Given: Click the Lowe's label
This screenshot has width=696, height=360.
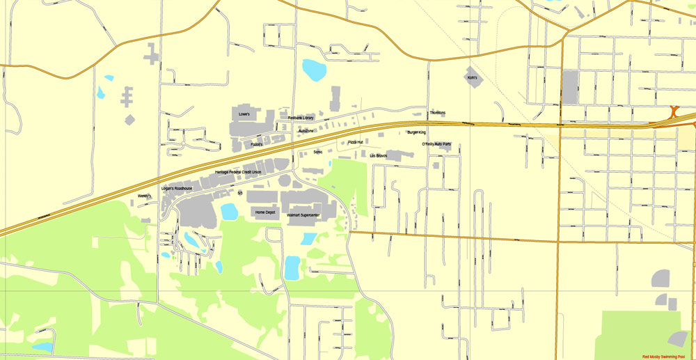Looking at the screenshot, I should click(244, 114).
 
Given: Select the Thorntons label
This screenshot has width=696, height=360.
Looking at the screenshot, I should click(437, 113).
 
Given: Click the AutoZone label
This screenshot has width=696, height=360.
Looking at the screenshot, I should click(306, 131).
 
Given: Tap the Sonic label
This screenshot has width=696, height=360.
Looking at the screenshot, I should click(318, 151).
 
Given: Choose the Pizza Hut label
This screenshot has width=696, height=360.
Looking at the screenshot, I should click(356, 142).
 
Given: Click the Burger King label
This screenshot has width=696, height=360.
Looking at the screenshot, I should click(416, 132).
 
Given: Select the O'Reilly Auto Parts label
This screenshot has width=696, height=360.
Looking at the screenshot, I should click(436, 144).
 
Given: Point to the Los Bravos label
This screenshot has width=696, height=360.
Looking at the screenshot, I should click(378, 155).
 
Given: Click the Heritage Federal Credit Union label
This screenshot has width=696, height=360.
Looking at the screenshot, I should click(238, 172).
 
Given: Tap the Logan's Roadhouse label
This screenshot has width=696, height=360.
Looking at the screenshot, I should click(177, 189).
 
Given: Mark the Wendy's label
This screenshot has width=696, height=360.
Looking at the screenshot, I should click(144, 196).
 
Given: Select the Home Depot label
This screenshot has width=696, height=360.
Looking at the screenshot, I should click(264, 212).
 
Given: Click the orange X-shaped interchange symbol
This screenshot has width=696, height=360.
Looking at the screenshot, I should click(674, 111).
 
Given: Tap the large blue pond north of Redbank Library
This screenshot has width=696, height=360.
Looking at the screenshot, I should click(313, 70).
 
